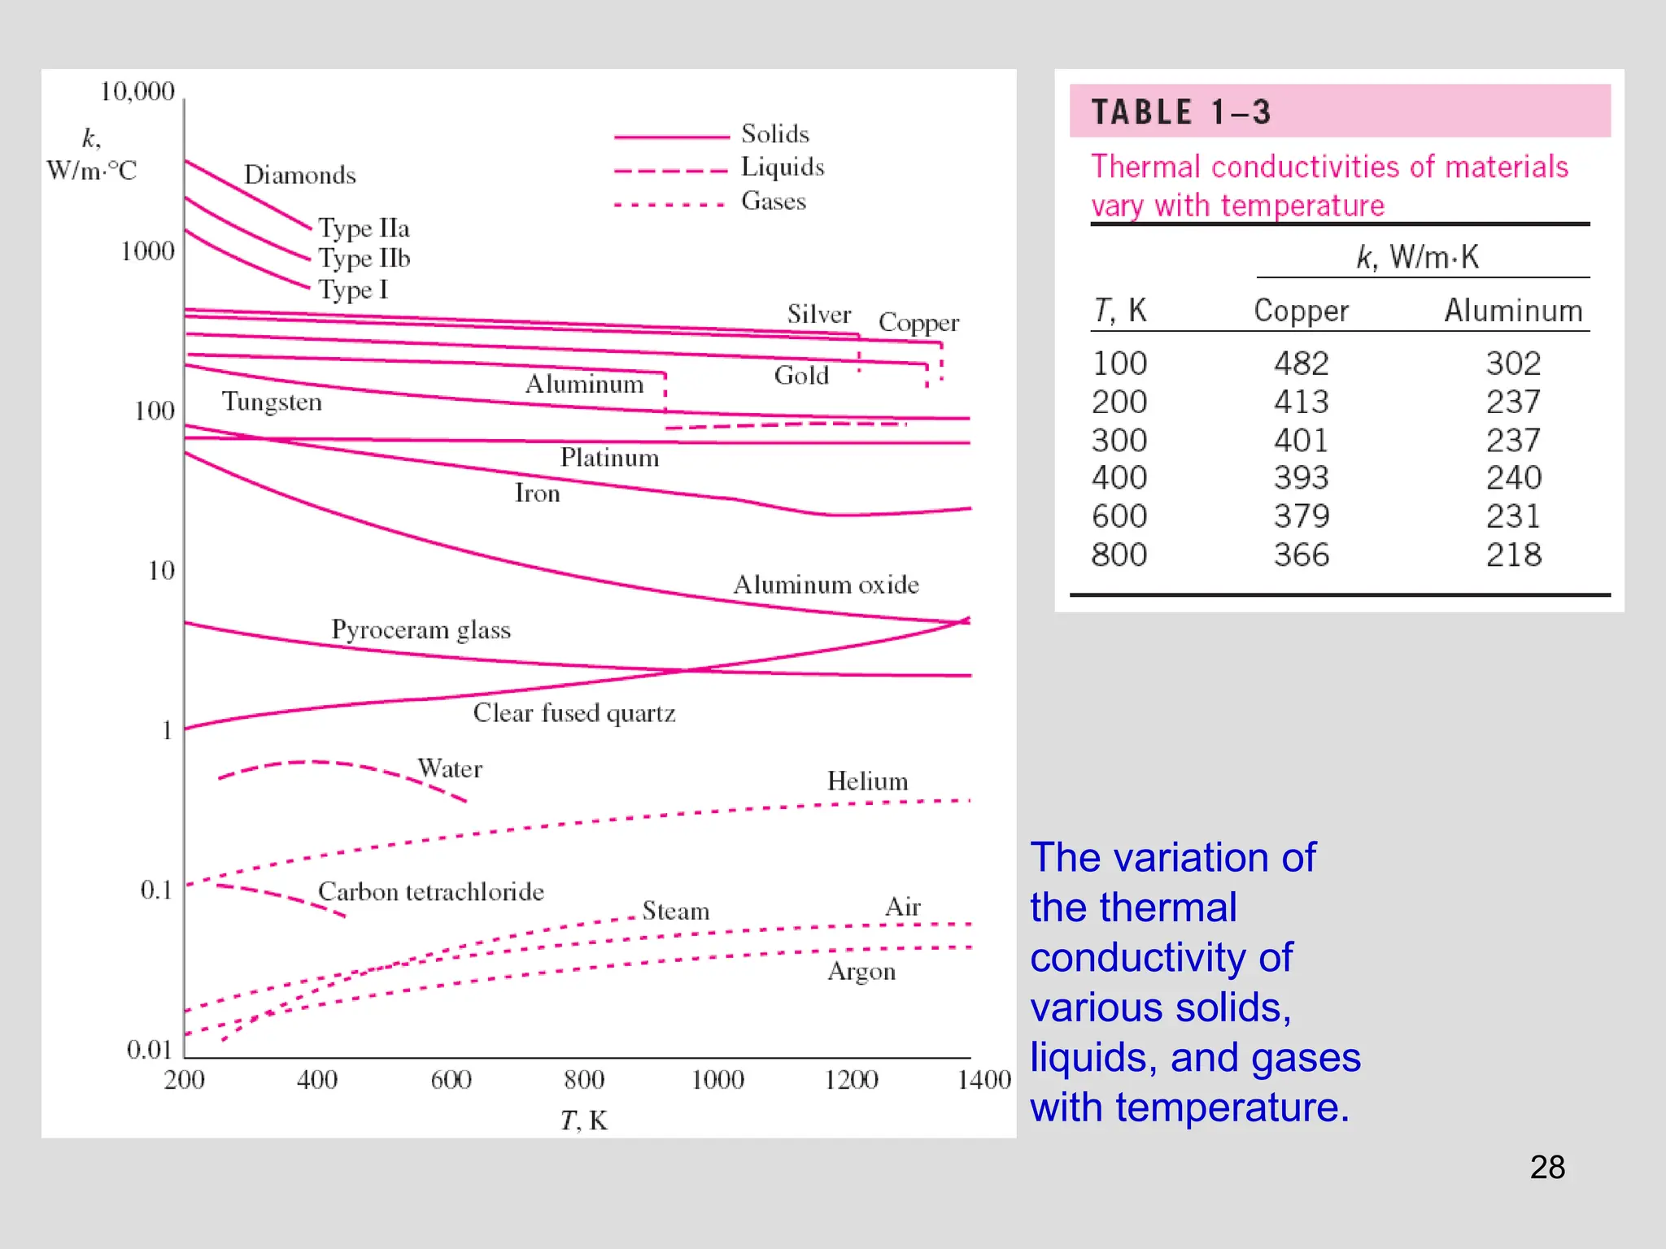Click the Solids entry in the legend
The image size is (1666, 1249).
pyautogui.click(x=774, y=134)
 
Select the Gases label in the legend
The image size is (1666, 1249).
pyautogui.click(x=773, y=201)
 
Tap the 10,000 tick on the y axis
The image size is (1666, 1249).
pyautogui.click(x=137, y=91)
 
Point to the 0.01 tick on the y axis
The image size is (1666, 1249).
pyautogui.click(x=149, y=1050)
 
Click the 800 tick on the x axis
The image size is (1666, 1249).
pyautogui.click(x=584, y=1080)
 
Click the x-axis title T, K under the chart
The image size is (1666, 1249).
pyautogui.click(x=584, y=1121)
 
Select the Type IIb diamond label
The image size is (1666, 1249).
pyautogui.click(x=364, y=259)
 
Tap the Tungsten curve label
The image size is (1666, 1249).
pyautogui.click(x=272, y=402)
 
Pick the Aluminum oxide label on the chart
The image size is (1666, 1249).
pyautogui.click(x=826, y=585)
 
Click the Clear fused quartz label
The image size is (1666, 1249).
pyautogui.click(x=574, y=713)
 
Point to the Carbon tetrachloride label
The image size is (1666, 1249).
pyautogui.click(x=430, y=892)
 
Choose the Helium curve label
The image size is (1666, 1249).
pyautogui.click(x=867, y=781)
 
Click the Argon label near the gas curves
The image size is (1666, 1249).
pyautogui.click(x=861, y=972)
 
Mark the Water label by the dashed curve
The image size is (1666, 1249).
pyautogui.click(x=450, y=768)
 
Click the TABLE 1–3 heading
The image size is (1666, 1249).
pyautogui.click(x=1180, y=112)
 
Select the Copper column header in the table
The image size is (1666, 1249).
pyautogui.click(x=1301, y=311)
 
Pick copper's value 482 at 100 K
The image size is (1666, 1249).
pyautogui.click(x=1301, y=363)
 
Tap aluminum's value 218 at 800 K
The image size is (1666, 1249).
pyautogui.click(x=1513, y=555)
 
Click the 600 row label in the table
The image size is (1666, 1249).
pyautogui.click(x=1119, y=516)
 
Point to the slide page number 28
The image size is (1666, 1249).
pyautogui.click(x=1547, y=1168)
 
